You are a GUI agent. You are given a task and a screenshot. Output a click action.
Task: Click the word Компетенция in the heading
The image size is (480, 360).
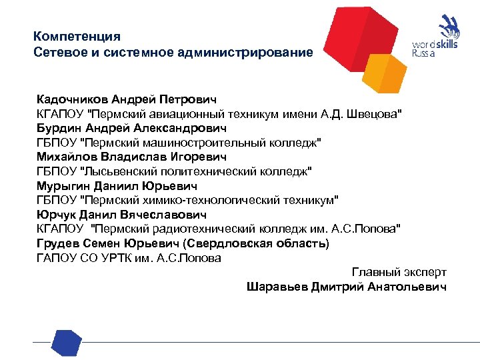coord(77,36)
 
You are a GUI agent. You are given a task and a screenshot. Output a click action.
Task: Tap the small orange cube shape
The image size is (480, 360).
coord(387,72)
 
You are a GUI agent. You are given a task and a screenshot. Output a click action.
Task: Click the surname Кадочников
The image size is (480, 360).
coord(72,99)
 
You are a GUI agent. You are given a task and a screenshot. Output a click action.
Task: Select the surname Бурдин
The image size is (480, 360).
coord(57,128)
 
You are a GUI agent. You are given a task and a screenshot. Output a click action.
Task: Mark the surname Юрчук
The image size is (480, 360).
coord(55,215)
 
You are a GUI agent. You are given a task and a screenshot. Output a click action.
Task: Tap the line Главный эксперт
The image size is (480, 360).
coord(399,272)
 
